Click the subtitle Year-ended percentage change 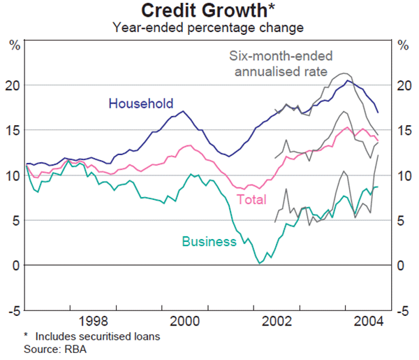(x=209, y=27)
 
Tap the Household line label (x=140, y=104)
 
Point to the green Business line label (x=209, y=242)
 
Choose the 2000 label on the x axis (x=186, y=322)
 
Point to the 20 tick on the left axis (x=15, y=85)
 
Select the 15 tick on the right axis (x=404, y=131)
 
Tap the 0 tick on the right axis (x=401, y=266)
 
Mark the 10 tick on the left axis (x=15, y=175)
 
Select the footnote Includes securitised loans (x=97, y=336)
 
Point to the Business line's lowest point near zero (x=260, y=263)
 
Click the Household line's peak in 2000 (x=184, y=111)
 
